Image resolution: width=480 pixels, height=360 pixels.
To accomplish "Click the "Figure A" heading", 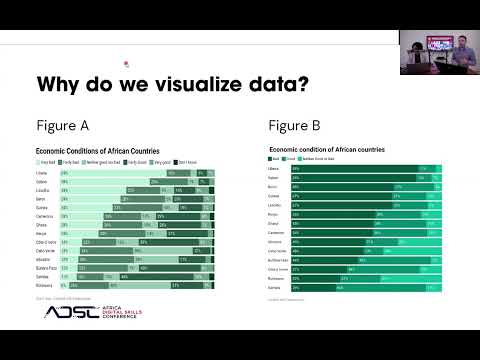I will (x=63, y=127).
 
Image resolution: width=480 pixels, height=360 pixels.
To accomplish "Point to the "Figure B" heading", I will (x=295, y=127).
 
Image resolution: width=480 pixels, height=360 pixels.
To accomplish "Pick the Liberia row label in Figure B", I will (x=277, y=169).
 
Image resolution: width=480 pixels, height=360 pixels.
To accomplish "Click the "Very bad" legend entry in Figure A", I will (x=47, y=161).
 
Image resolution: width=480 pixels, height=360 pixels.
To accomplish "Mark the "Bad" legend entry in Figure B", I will (x=274, y=159).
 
